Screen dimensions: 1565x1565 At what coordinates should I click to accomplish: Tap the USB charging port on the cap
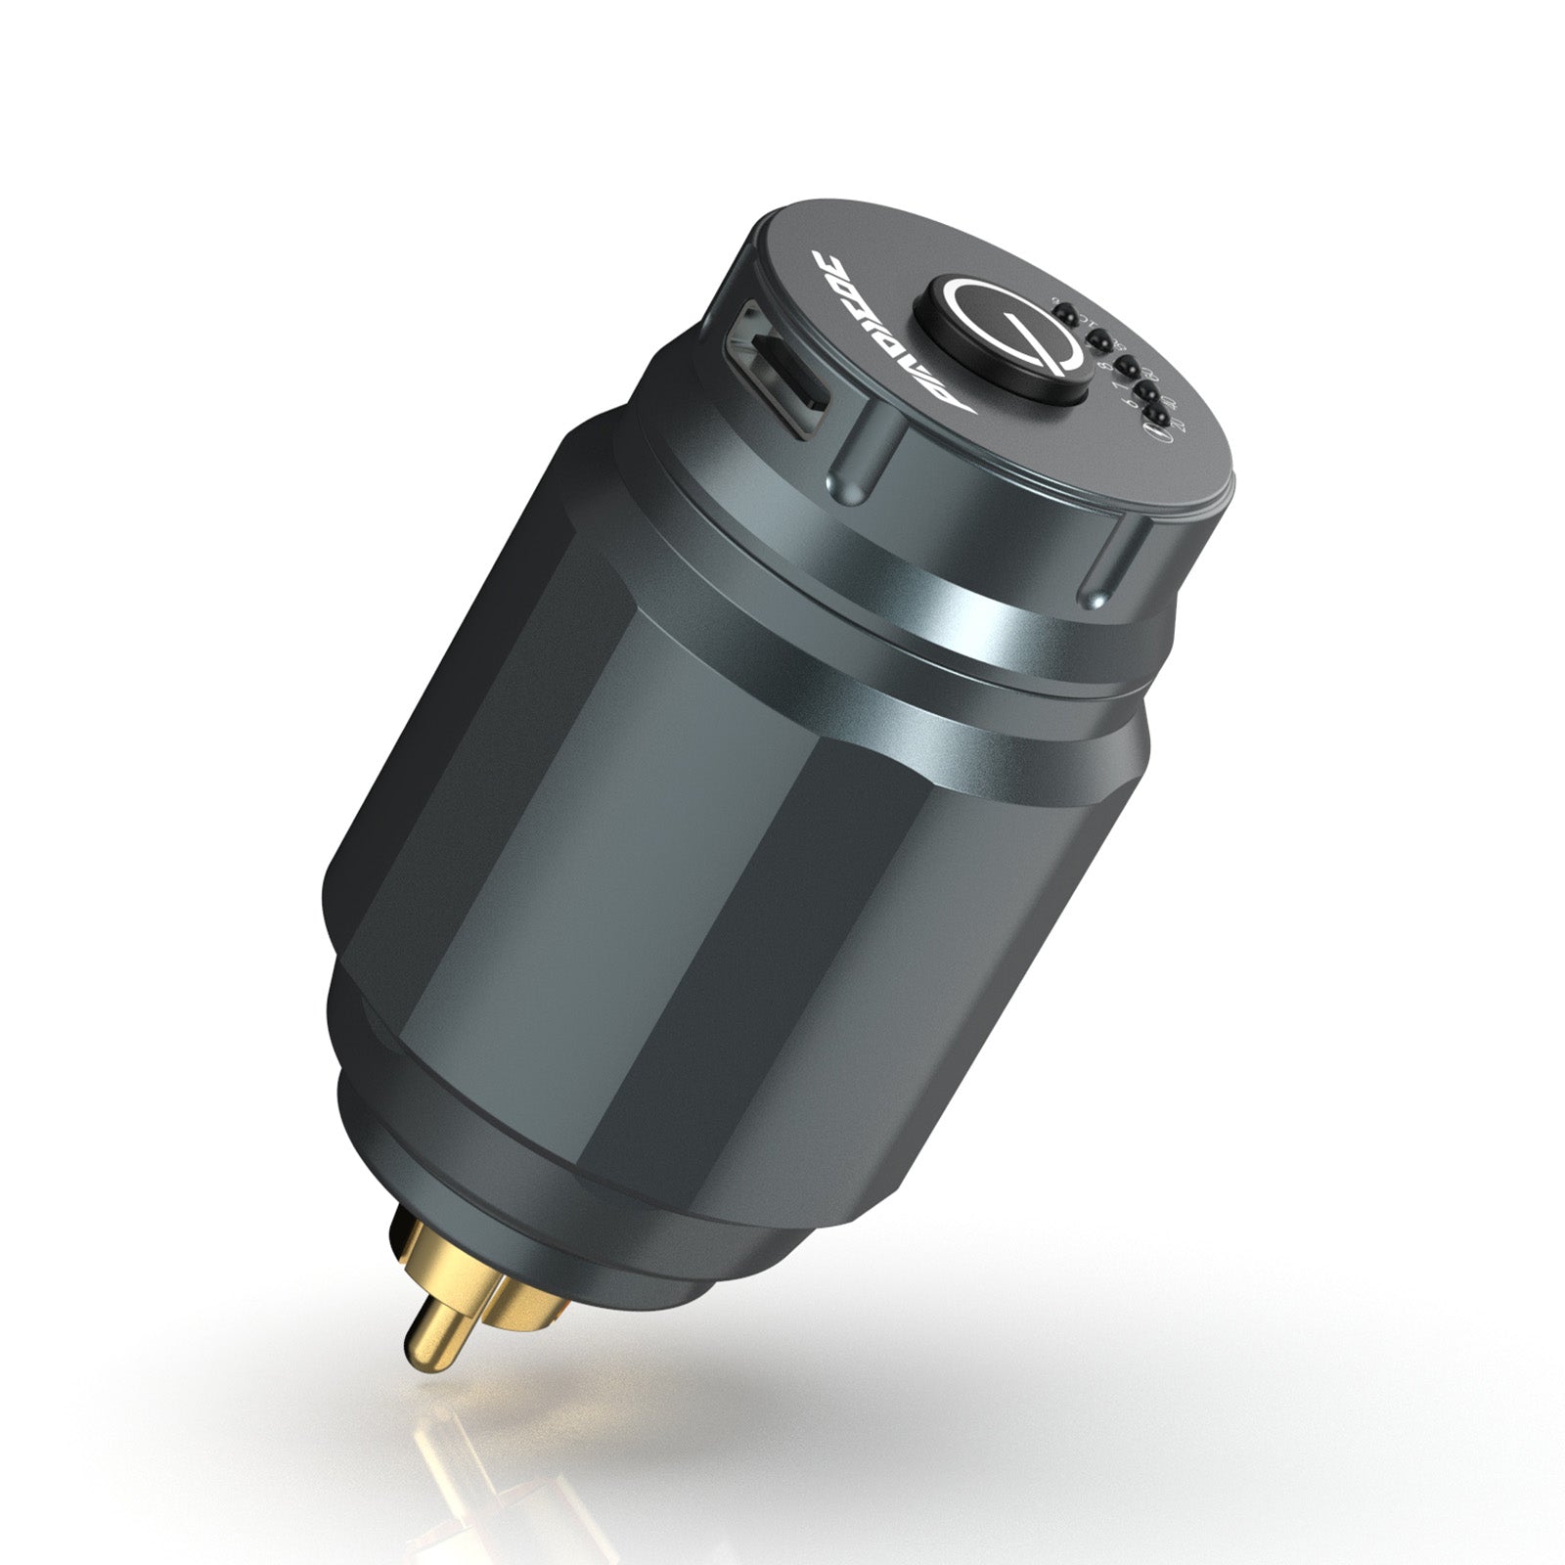(x=777, y=368)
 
